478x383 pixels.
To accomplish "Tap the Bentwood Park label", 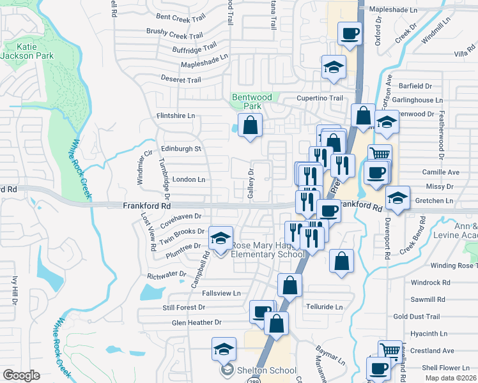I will pos(252,101).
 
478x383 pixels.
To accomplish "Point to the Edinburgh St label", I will pos(181,149).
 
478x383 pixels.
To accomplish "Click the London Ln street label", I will pos(189,180).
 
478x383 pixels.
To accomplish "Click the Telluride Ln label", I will pos(325,307).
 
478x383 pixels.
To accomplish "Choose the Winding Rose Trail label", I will pos(454,266).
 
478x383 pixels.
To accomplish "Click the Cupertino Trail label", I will pos(319,98).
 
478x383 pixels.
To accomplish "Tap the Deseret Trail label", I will pos(182,80).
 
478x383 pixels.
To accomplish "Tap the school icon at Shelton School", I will pos(224,349).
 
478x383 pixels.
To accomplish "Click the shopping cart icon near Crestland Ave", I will pos(390,350).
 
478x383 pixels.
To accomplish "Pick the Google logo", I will pos(21,375).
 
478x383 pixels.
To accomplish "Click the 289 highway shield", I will pos(253,379).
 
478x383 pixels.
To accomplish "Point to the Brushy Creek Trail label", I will pos(174,36).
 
